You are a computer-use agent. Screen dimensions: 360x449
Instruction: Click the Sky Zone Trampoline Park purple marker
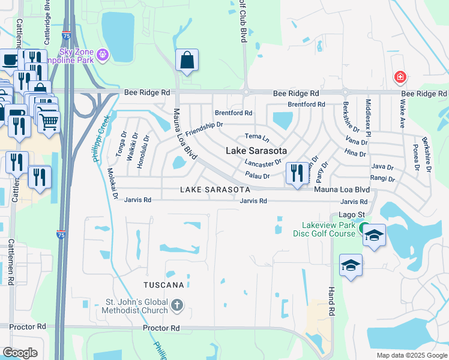[x=103, y=55]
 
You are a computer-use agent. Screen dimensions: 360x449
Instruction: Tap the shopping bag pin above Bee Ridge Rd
[x=187, y=60]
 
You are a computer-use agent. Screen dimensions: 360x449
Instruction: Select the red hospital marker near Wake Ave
[x=399, y=77]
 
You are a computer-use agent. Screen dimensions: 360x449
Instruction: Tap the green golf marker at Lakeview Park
[x=363, y=229]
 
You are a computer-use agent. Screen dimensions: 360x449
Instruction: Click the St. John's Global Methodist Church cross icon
[x=176, y=305]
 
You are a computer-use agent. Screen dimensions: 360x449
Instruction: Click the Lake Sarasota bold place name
[x=256, y=151]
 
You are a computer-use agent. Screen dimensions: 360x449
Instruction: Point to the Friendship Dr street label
[x=204, y=127]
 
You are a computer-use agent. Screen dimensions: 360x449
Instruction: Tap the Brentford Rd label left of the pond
[x=234, y=113]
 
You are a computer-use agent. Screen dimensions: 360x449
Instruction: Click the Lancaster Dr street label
[x=263, y=163]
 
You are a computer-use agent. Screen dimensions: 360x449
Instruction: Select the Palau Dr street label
[x=258, y=175]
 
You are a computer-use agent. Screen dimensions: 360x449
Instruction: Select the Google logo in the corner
[x=20, y=353]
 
